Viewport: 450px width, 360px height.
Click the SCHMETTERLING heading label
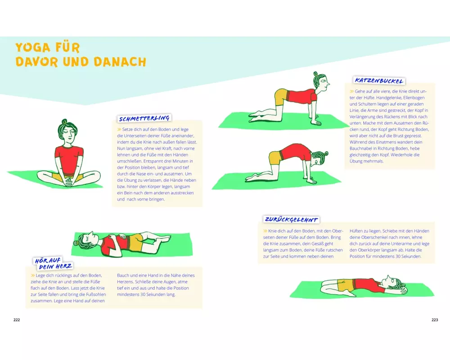pos(144,118)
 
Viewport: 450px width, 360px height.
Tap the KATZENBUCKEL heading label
pos(379,81)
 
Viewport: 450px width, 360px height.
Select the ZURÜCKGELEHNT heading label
pos(291,220)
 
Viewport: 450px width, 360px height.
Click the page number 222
pos(17,320)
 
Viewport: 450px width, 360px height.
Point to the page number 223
pos(435,320)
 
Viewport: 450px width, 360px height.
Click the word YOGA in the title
pos(32,47)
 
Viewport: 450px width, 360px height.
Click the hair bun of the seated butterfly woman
pos(64,121)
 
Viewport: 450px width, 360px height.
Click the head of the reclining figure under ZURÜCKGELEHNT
pos(396,284)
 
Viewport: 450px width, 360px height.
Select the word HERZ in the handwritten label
pos(64,266)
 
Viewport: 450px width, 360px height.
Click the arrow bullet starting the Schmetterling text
pos(119,130)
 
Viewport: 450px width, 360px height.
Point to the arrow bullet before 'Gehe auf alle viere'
pos(351,91)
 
